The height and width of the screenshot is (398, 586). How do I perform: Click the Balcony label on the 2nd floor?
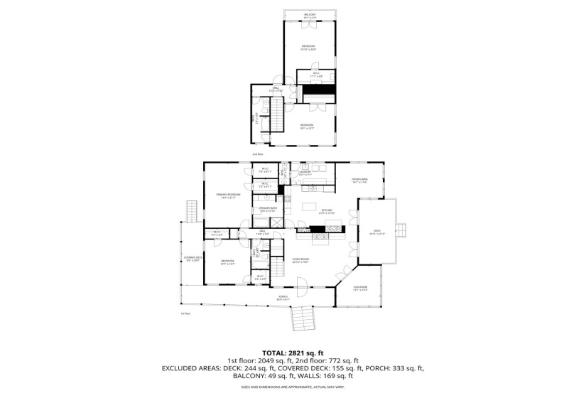click(x=310, y=15)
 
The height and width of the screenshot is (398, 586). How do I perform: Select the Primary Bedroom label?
click(x=229, y=195)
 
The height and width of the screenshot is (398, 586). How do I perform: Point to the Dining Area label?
click(x=359, y=181)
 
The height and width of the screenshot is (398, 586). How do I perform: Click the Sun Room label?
click(x=360, y=289)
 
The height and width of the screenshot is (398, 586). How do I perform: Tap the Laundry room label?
click(x=306, y=172)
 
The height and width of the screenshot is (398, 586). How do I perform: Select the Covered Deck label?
click(x=193, y=259)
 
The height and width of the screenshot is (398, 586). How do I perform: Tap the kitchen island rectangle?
click(x=309, y=207)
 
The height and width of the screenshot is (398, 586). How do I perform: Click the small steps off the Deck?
click(x=402, y=230)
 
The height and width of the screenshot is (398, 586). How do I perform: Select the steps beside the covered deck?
click(x=190, y=211)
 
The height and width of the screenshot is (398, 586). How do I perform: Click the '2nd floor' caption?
click(x=257, y=154)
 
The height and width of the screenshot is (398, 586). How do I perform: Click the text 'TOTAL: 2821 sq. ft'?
click(x=293, y=353)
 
